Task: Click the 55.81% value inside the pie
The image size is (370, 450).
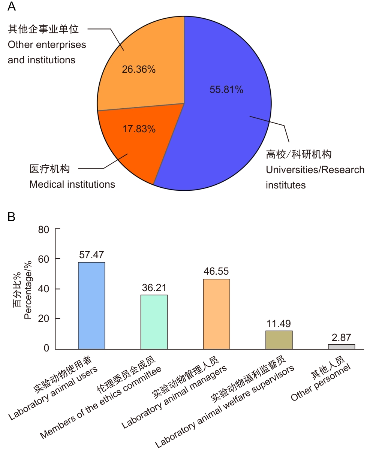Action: [x=226, y=90]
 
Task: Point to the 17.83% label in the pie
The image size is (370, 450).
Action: [x=139, y=129]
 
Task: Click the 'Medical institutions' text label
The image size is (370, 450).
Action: [x=72, y=184]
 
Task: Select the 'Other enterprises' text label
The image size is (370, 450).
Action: [x=47, y=45]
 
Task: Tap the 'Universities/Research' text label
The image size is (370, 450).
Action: [x=315, y=170]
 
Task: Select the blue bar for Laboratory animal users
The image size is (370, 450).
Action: [x=91, y=305]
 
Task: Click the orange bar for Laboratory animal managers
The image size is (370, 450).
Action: [x=216, y=314]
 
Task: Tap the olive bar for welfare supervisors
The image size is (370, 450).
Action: [x=279, y=339]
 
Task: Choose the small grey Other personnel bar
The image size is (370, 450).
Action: [x=341, y=347]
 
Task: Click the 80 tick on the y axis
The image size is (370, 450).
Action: [x=44, y=229]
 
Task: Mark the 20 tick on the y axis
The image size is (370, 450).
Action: [x=44, y=319]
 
